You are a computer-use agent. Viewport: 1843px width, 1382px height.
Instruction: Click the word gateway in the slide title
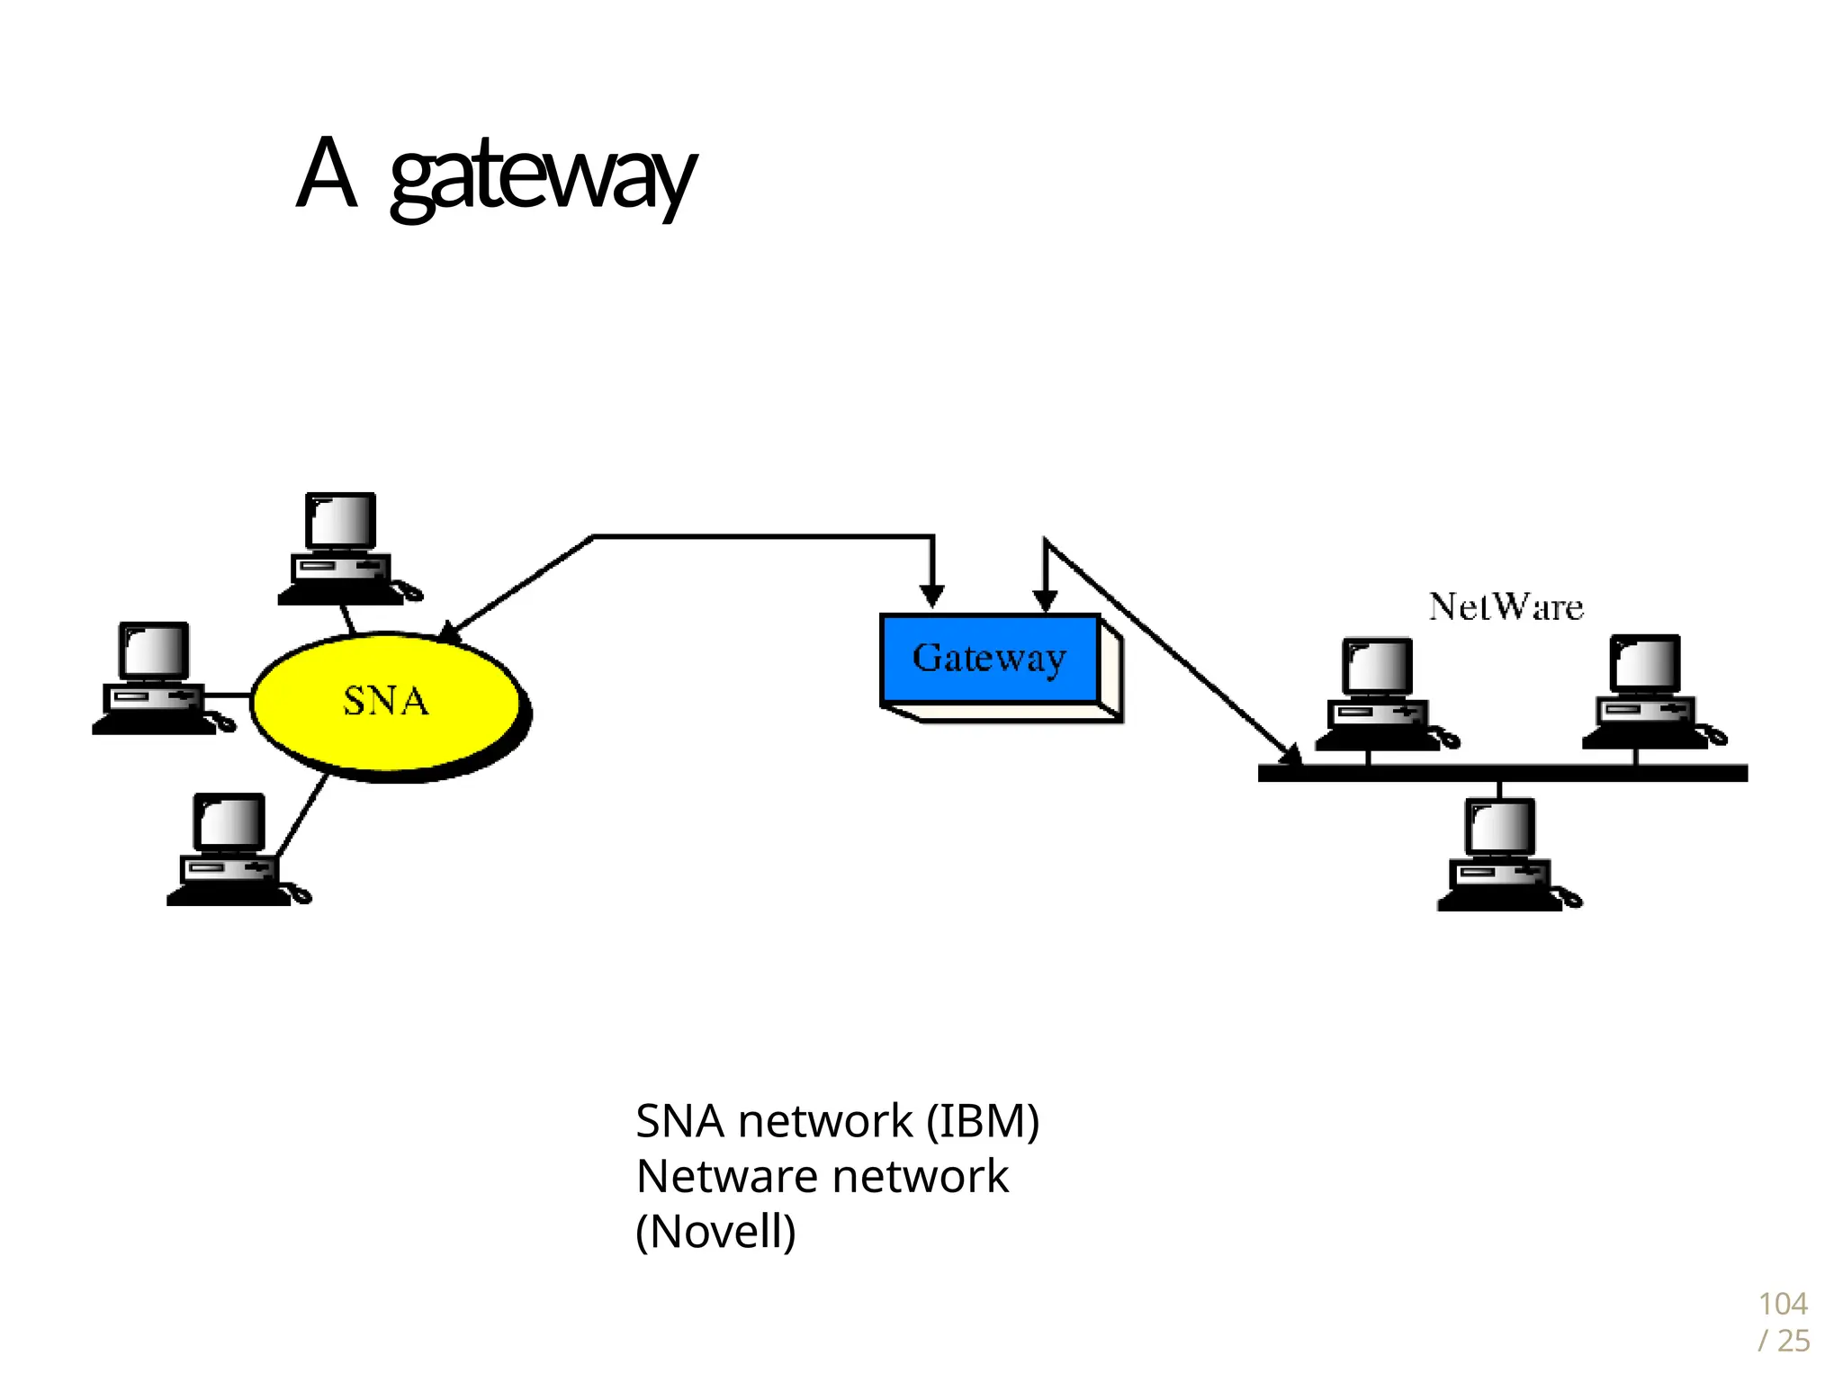pos(543,176)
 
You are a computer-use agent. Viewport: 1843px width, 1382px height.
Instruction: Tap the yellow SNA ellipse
pos(387,702)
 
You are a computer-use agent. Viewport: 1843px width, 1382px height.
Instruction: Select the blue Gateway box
pos(990,659)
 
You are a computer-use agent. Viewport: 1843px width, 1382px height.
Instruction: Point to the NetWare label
pos(1506,607)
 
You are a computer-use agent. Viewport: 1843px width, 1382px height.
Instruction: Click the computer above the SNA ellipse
pos(342,549)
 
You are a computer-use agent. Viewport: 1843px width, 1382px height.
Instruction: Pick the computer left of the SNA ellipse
pos(155,679)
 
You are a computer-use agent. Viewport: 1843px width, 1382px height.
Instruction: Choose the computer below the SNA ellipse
pos(230,850)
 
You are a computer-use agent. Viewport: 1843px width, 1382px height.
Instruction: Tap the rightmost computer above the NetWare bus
pos(1646,692)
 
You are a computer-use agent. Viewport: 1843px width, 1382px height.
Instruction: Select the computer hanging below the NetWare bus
pos(1501,856)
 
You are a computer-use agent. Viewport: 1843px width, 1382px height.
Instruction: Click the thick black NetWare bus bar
pos(1503,773)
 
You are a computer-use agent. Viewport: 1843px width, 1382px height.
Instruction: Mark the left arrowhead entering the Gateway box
pos(932,596)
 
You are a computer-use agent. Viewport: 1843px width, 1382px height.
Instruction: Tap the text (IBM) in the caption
pos(983,1121)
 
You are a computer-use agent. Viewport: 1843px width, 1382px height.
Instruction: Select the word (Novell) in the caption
pos(715,1231)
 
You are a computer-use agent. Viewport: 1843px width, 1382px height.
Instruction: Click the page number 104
pos(1782,1304)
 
